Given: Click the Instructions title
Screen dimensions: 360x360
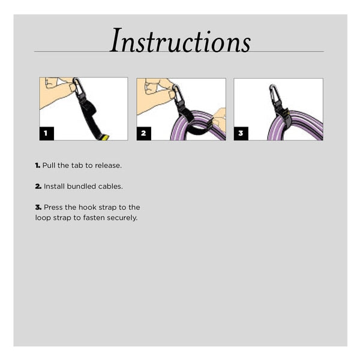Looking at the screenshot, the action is point(180,41).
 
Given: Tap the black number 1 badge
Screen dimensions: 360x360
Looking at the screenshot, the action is point(47,133).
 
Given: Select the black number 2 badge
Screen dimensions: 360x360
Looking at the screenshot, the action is point(144,133).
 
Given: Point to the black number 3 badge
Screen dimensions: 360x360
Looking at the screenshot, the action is point(241,133).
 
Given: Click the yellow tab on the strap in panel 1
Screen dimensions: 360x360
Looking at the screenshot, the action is point(104,137).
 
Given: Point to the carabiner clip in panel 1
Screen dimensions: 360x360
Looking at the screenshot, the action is point(78,86).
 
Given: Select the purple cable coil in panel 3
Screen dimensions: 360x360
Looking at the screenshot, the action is point(295,126).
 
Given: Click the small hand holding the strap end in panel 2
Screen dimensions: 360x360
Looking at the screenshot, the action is point(219,120).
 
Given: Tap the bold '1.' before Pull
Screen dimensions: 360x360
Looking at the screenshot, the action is point(38,166).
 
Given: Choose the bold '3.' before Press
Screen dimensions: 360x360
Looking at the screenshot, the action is point(38,208).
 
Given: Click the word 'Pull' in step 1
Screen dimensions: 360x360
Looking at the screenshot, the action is point(49,166).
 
